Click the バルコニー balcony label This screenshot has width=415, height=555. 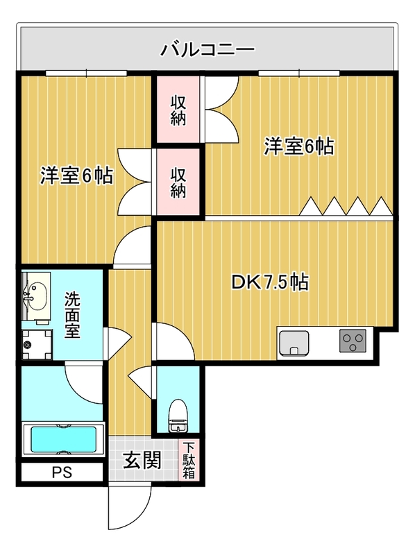pos(207,49)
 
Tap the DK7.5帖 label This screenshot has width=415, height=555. pos(270,282)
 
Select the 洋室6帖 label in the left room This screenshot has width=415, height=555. pos(76,176)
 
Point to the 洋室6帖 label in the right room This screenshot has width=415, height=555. pos(299,146)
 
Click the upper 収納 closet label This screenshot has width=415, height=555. pos(178,110)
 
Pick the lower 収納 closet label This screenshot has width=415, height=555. pos(178,182)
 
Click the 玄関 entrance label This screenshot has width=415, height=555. pos(142,460)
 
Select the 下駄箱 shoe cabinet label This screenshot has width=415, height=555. pos(189,460)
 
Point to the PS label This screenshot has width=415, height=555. pos(62,472)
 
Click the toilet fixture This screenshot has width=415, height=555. pos(178,416)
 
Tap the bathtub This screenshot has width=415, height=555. pos(64,440)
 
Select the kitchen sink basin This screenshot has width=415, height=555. pos(294,343)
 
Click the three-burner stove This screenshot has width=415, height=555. pos(353,341)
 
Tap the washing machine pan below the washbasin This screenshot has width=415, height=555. pos(37,344)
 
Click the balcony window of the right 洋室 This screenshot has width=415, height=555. pos(299,74)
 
